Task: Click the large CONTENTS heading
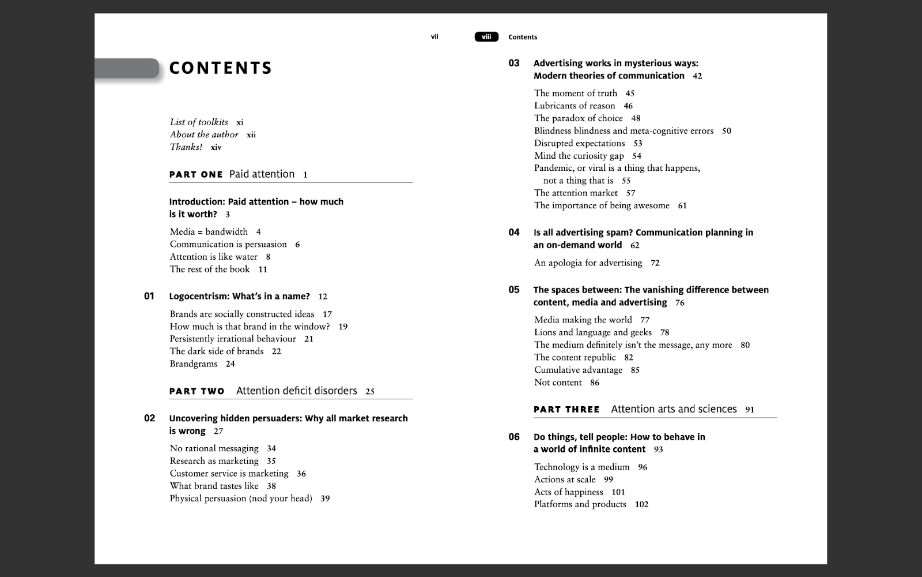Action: (x=220, y=68)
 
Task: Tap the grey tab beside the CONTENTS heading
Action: (x=127, y=68)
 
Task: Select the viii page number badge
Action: (x=486, y=37)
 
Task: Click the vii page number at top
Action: (x=434, y=36)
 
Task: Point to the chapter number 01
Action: (x=149, y=296)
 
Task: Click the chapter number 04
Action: (x=514, y=232)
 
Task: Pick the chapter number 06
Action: (x=514, y=437)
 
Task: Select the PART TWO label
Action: (x=197, y=391)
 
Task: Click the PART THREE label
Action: (x=566, y=410)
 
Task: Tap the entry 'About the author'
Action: (x=204, y=134)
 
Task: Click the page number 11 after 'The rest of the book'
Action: (x=263, y=269)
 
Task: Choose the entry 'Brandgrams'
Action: (x=194, y=364)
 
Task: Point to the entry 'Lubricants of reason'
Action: (x=575, y=106)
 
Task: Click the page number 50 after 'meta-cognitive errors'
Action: (x=727, y=131)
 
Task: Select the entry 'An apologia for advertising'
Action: (x=588, y=263)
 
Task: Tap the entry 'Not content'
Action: (x=558, y=383)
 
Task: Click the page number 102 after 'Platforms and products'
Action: (x=641, y=504)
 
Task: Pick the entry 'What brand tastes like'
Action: (x=214, y=486)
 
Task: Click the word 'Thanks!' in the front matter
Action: (x=186, y=147)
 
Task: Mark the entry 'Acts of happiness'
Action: (x=568, y=492)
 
